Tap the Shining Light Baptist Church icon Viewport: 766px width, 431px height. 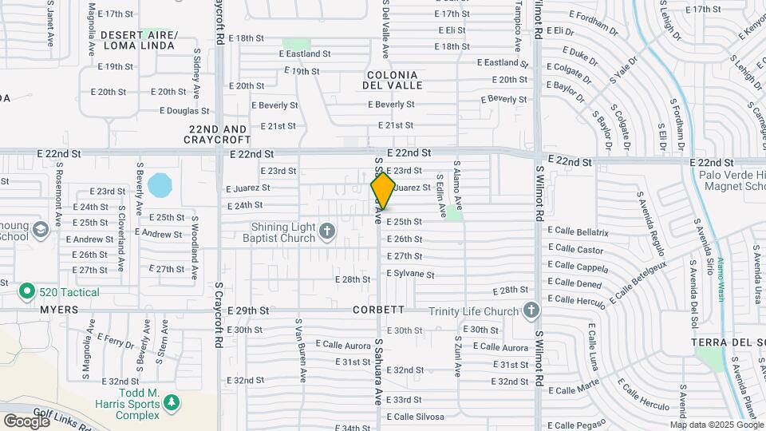pyautogui.click(x=326, y=231)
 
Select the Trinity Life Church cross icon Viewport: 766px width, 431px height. pyautogui.click(x=531, y=310)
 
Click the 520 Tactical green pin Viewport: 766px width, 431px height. pyautogui.click(x=26, y=292)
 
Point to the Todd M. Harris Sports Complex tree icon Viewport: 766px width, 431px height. pyautogui.click(x=170, y=403)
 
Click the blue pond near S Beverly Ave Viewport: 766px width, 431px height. pyautogui.click(x=159, y=185)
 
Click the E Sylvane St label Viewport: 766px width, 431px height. pyautogui.click(x=410, y=274)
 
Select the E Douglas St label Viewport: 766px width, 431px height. pyautogui.click(x=184, y=111)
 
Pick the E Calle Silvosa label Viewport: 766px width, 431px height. pyautogui.click(x=415, y=417)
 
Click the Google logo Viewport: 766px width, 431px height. pyautogui.click(x=26, y=421)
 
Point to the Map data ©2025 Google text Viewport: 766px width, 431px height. pyautogui.click(x=716, y=425)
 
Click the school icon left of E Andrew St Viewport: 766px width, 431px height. pyautogui.click(x=39, y=231)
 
